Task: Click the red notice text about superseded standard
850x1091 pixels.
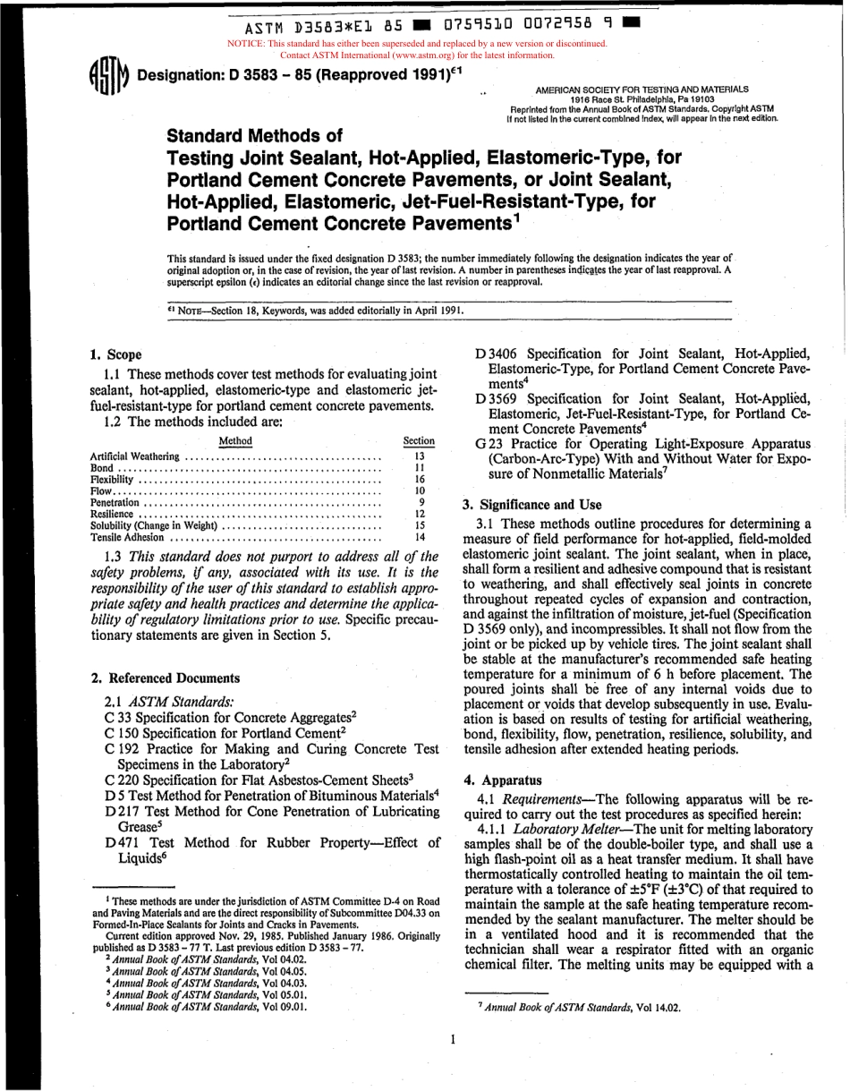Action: (x=418, y=48)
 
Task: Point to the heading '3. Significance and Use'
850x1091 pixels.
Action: (x=532, y=504)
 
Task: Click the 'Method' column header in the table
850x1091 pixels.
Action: (x=235, y=440)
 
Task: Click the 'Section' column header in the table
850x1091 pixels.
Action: (x=419, y=440)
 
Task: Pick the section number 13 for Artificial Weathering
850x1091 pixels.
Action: (x=419, y=455)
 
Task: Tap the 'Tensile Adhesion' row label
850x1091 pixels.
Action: (x=128, y=537)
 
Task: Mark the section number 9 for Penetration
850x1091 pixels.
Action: (x=421, y=502)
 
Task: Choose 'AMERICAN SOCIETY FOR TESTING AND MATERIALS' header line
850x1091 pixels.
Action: (x=642, y=90)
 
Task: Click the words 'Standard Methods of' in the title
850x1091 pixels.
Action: (x=255, y=136)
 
